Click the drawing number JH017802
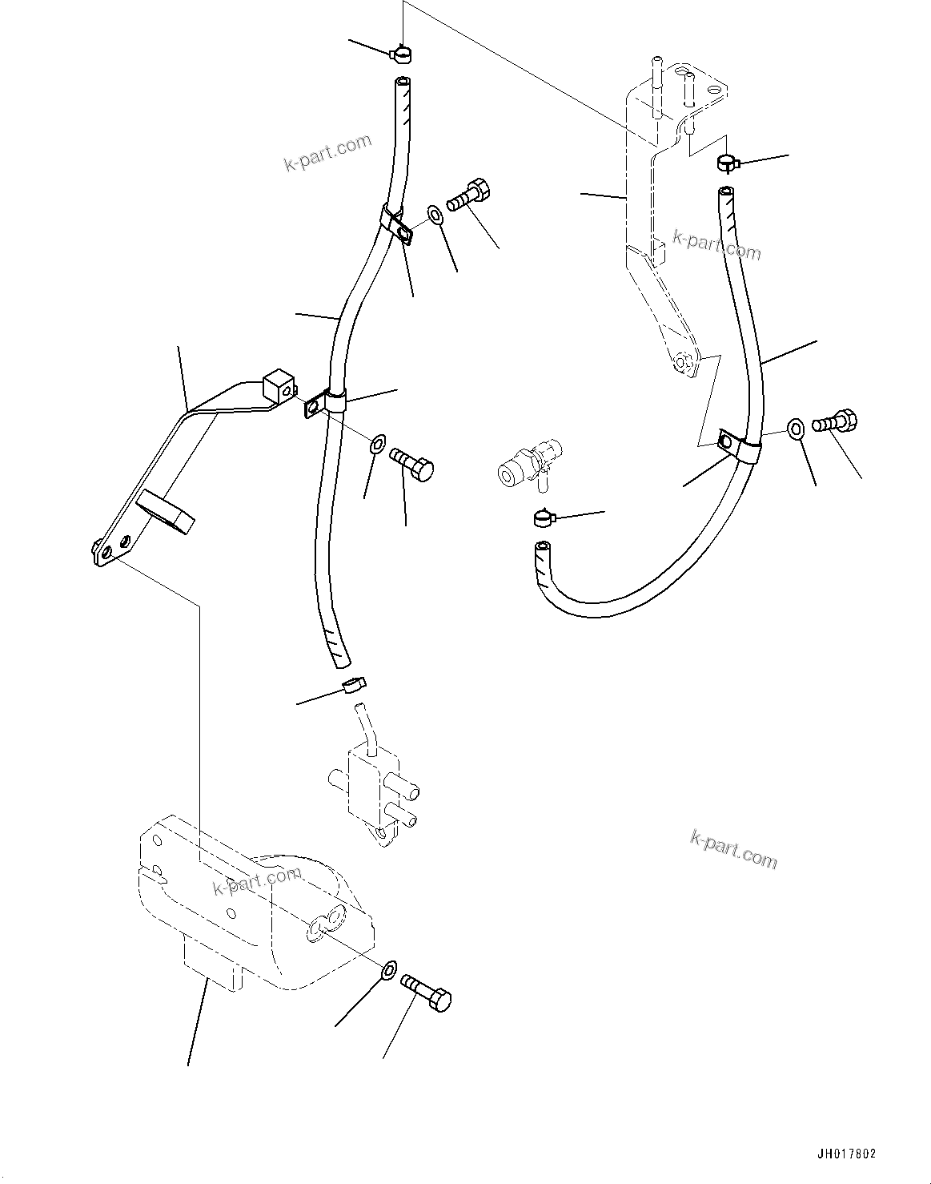846,1154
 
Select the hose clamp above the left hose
401,54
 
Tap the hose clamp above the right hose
726,163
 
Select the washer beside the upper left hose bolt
435,215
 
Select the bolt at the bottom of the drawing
426,992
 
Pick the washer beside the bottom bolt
388,970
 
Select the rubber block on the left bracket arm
167,513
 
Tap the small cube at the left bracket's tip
277,385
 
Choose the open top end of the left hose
402,83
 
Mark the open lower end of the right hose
543,549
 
